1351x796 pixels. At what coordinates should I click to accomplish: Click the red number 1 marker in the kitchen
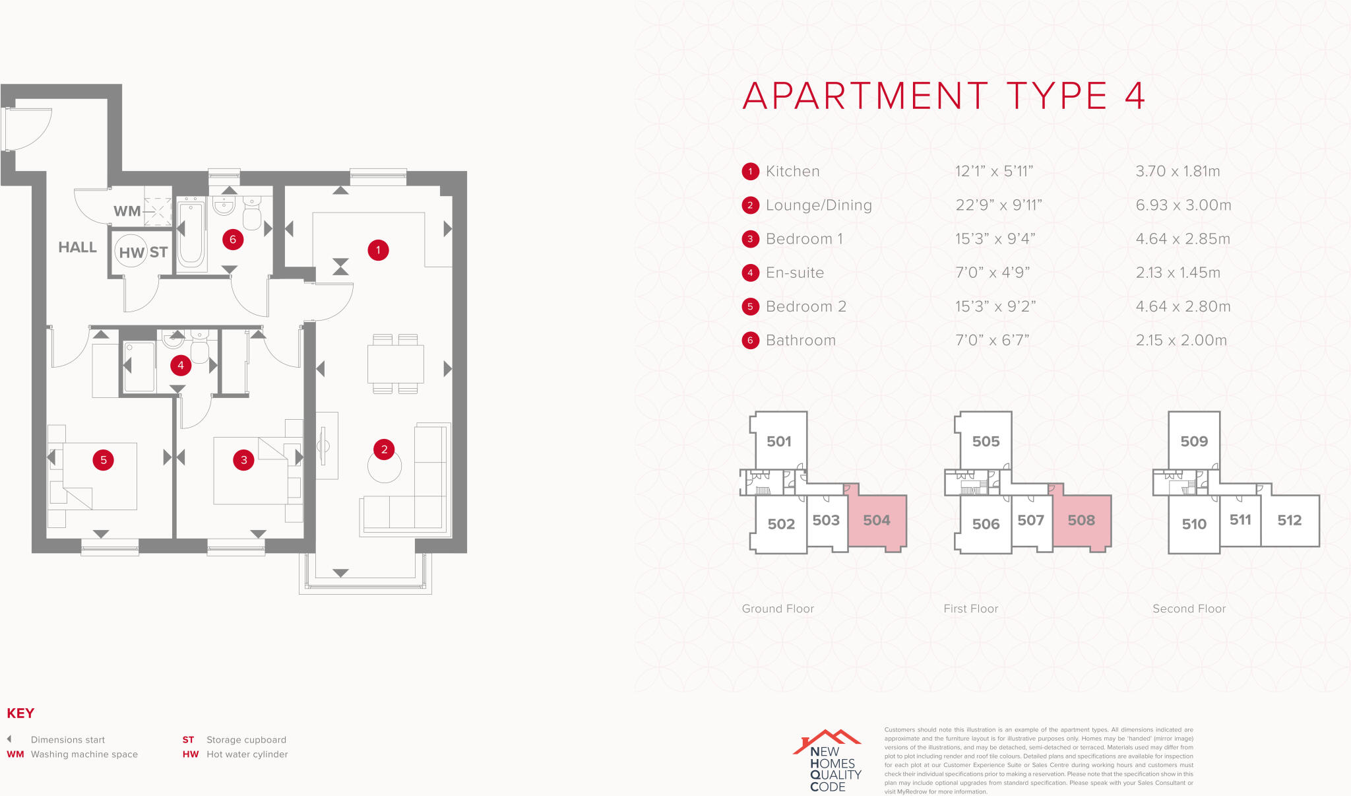click(x=378, y=250)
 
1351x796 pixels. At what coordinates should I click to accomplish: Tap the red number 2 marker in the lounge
click(x=384, y=449)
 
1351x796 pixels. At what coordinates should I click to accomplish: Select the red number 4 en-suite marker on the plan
click(x=181, y=365)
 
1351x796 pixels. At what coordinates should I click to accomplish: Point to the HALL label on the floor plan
click(x=77, y=248)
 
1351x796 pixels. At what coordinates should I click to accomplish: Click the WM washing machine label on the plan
click(x=127, y=211)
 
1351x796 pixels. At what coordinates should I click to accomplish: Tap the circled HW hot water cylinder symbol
click(x=131, y=252)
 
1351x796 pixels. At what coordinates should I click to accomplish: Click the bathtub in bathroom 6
click(x=191, y=234)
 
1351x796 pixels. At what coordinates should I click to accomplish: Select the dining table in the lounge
click(x=395, y=364)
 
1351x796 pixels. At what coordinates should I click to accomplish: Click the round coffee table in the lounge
click(x=384, y=467)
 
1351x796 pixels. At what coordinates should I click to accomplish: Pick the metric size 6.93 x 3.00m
click(x=1183, y=205)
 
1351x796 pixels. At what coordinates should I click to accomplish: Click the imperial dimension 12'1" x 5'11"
click(x=994, y=172)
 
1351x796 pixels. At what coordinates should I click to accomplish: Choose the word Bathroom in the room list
click(x=800, y=341)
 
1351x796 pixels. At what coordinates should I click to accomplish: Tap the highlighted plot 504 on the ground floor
click(x=877, y=520)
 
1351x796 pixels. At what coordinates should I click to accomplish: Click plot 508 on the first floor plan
click(x=1081, y=520)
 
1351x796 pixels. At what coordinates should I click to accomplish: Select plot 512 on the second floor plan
click(x=1289, y=520)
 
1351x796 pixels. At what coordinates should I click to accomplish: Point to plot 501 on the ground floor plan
click(x=779, y=442)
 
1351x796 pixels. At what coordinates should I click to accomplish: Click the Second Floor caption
click(x=1189, y=609)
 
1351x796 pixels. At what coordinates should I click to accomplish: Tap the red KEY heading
click(x=20, y=713)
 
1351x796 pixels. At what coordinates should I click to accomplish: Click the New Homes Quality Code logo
click(x=829, y=760)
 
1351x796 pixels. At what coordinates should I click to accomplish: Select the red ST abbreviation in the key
click(x=188, y=740)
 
